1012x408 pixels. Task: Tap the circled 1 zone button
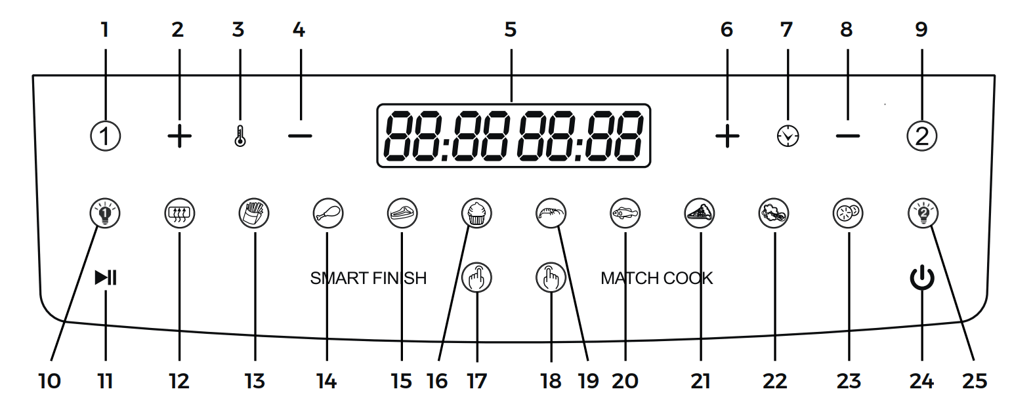tap(105, 137)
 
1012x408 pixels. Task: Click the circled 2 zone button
tap(921, 136)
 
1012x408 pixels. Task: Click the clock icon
tap(788, 136)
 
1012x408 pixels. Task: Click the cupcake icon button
tap(477, 213)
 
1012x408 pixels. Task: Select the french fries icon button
tap(254, 213)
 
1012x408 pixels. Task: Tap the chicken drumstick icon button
tap(328, 213)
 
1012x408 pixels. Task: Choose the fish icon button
tap(625, 213)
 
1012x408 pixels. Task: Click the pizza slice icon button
tap(700, 213)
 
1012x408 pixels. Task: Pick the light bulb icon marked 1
tap(105, 213)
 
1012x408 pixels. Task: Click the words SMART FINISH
tap(368, 278)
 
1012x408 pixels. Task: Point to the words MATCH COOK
tap(656, 278)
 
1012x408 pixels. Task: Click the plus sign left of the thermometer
tap(179, 137)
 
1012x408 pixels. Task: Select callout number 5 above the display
tap(511, 30)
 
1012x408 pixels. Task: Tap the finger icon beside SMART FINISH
tap(477, 278)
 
